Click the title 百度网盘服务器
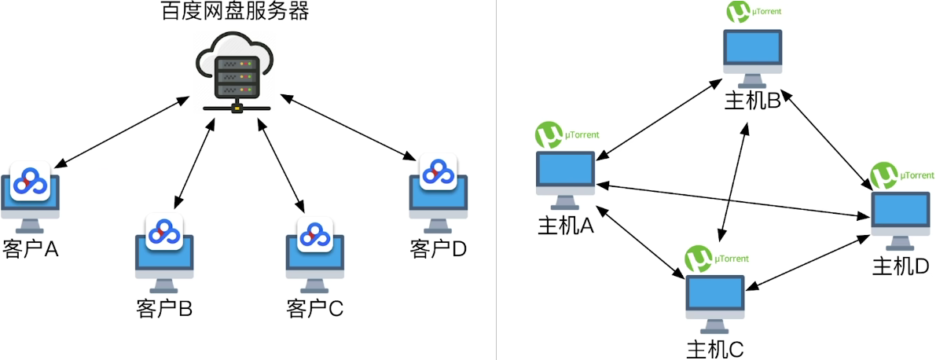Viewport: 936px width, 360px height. pos(235,12)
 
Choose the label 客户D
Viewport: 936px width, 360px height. pos(439,249)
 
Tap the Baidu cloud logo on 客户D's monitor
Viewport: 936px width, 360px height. pos(438,172)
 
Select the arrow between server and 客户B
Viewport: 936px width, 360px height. pos(193,160)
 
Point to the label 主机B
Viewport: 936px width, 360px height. pos(751,101)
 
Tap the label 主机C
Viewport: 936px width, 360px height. pos(715,348)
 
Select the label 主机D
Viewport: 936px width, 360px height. pos(901,266)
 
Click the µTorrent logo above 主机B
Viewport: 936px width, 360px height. pos(738,13)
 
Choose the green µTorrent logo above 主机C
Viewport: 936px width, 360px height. pos(698,259)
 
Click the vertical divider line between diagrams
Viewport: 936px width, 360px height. pos(496,180)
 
